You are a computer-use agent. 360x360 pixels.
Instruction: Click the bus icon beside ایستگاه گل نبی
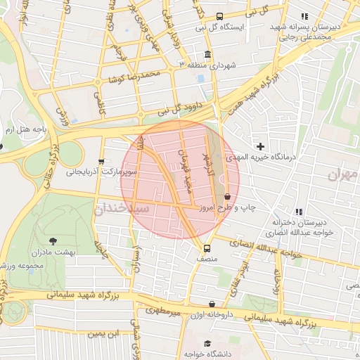(219, 16)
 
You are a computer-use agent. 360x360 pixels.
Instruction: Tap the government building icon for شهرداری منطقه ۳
(207, 55)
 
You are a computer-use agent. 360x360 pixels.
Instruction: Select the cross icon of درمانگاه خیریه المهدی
(261, 147)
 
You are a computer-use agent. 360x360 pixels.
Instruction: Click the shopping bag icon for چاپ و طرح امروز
(226, 197)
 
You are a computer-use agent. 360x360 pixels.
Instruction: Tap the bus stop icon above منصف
(207, 248)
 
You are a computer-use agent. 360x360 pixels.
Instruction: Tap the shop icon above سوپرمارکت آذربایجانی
(102, 161)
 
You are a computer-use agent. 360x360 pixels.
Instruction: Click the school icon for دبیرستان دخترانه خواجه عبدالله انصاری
(299, 212)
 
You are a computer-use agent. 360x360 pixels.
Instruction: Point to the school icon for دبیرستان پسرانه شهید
(304, 16)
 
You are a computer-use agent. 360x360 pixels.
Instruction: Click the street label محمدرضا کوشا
(135, 77)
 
